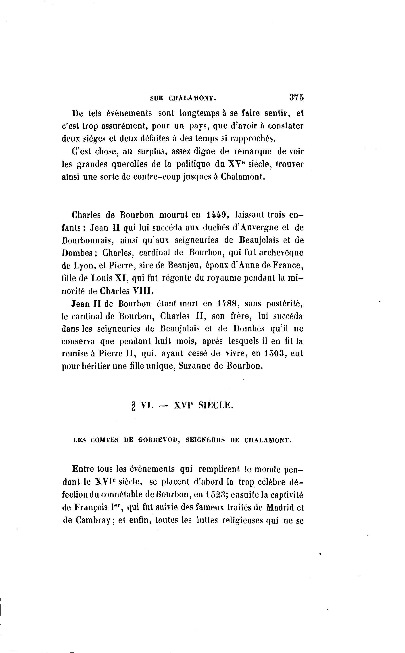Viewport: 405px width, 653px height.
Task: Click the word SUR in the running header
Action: point(157,98)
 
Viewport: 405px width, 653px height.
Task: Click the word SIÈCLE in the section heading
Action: point(216,406)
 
